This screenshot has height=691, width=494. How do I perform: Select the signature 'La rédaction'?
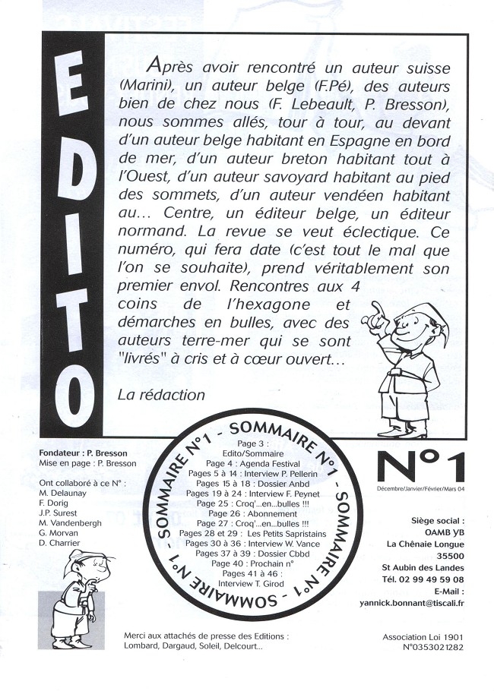pos(162,395)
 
